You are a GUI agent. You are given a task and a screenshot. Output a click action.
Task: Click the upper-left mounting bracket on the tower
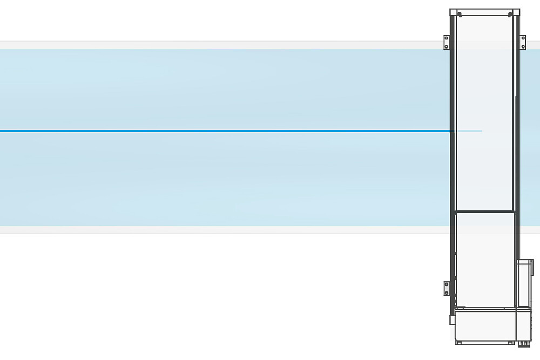447,42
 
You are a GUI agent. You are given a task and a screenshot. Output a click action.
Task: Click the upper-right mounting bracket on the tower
522,42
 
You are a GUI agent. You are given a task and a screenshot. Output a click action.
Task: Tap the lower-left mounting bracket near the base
447,288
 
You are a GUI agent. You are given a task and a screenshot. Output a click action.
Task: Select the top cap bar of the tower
484,11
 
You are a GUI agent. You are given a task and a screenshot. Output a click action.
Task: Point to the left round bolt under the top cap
459,15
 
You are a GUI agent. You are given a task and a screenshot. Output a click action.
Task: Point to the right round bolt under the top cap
510,15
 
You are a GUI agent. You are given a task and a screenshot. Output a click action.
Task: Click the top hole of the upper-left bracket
447,38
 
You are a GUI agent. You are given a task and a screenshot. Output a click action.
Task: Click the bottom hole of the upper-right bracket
522,46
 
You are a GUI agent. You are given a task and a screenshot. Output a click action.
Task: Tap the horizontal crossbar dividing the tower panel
484,212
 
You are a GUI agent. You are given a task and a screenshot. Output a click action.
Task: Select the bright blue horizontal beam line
216,131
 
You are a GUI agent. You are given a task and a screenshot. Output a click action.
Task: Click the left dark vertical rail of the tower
452,162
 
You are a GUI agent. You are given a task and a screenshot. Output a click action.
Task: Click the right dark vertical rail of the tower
517,162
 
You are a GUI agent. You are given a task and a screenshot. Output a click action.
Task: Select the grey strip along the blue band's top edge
216,45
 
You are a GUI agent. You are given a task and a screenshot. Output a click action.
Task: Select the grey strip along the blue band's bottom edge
216,229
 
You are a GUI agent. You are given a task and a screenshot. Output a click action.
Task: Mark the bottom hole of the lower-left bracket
447,293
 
